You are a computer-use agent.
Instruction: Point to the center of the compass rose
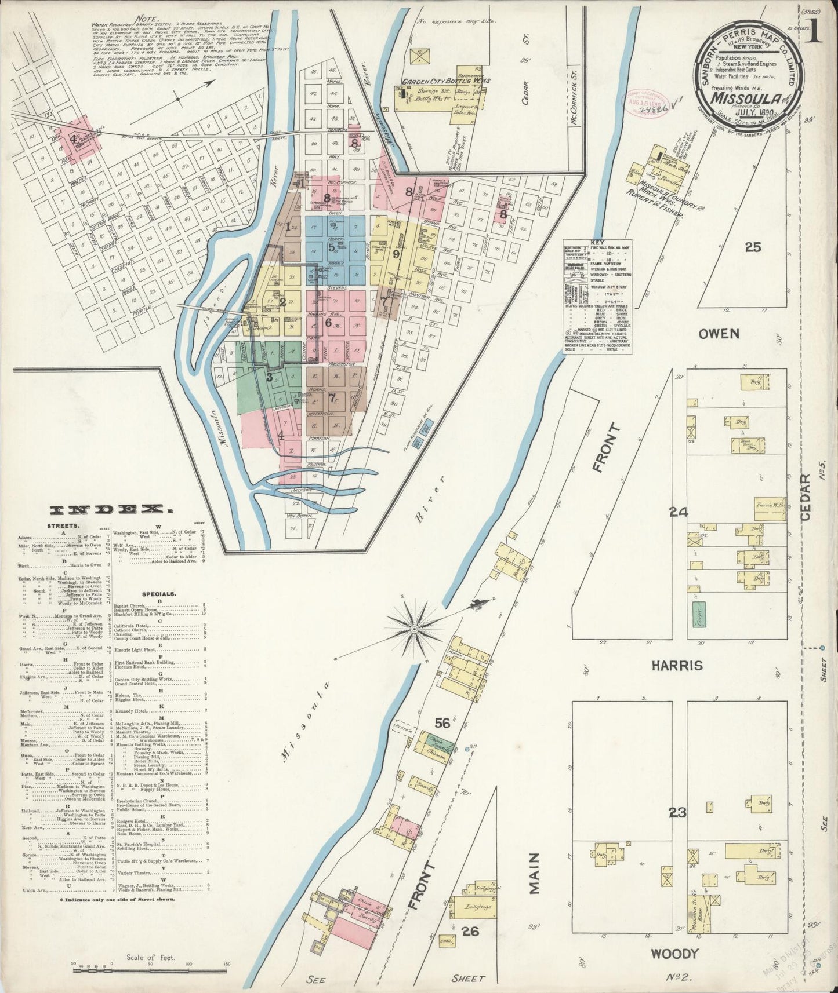tap(415, 629)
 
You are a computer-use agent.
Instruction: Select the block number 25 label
tap(753, 247)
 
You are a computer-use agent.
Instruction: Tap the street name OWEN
tap(719, 334)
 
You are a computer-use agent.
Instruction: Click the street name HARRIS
tap(678, 665)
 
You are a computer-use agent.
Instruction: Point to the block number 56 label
tap(443, 722)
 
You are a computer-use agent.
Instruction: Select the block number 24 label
tap(677, 512)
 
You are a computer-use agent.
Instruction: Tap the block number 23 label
tap(677, 813)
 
